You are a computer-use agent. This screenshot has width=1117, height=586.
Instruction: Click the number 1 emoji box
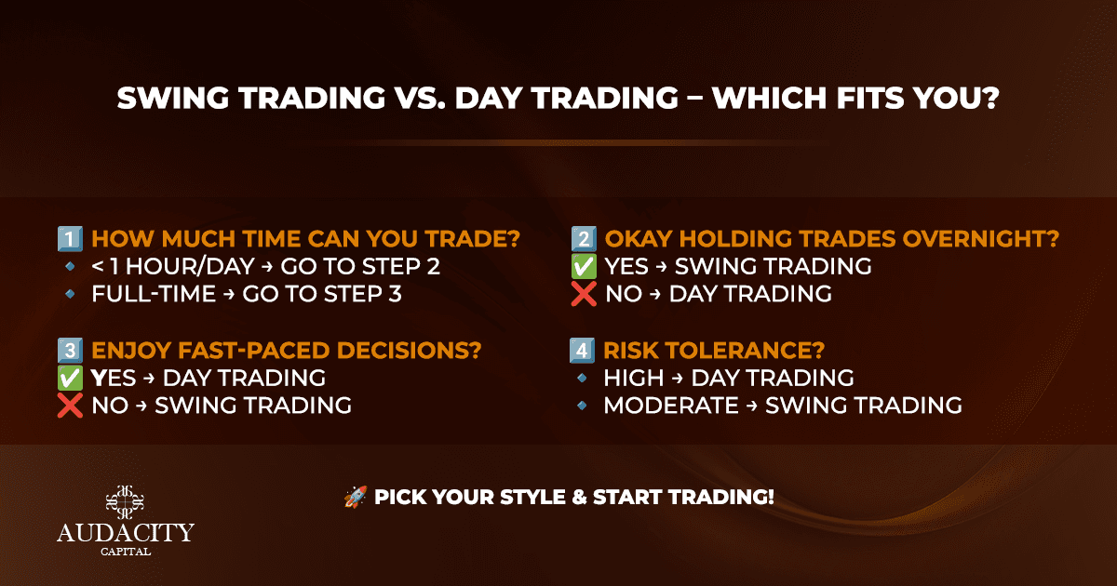coord(70,239)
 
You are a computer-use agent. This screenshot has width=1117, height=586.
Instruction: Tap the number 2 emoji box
coord(584,239)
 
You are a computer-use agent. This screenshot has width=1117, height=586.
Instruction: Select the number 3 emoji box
coord(70,351)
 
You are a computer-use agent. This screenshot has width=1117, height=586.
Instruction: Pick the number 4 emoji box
coord(582,351)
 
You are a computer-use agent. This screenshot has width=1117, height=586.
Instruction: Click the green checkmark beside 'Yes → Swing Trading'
coord(584,267)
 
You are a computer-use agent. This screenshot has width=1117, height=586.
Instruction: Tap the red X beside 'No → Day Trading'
coord(584,294)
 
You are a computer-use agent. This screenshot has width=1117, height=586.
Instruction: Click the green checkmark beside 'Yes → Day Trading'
coord(70,379)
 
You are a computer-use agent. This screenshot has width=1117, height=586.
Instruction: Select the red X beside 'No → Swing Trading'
coord(70,406)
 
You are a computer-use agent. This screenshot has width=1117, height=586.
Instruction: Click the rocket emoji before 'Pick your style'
coord(356,497)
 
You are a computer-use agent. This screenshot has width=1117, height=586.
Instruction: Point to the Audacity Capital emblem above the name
coord(125,502)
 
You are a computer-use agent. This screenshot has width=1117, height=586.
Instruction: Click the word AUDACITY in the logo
coord(126,533)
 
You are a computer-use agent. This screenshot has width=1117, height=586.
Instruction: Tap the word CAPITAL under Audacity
coord(126,552)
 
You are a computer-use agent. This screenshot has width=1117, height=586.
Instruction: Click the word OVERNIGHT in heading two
coord(981,239)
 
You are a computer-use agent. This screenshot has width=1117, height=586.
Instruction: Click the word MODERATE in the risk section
coord(671,406)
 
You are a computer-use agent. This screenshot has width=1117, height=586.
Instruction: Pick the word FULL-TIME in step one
coord(154,294)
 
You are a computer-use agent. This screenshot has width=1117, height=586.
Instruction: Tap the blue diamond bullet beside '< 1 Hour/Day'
coord(71,267)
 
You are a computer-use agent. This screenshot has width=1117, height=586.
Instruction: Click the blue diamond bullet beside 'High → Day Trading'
coord(582,379)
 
